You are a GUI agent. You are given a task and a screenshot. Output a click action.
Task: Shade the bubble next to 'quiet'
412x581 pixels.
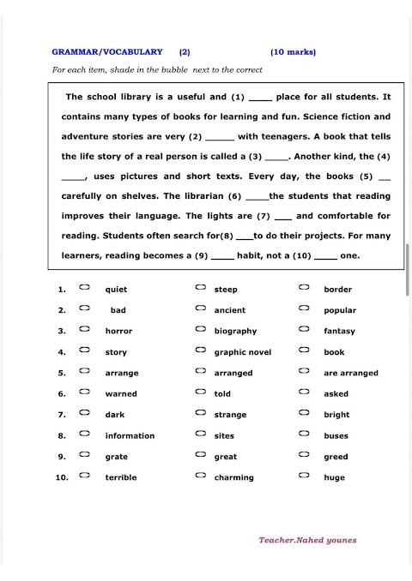pos(84,288)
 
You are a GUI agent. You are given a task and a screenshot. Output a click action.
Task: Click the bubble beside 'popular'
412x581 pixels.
pos(304,308)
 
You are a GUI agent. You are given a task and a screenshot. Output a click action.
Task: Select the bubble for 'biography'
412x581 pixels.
pos(199,329)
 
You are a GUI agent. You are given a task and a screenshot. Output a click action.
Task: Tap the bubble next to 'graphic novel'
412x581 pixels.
pos(199,350)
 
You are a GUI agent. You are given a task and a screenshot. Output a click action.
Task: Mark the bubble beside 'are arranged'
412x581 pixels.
pos(304,371)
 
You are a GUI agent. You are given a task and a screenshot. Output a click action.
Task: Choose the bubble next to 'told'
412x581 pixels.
pos(199,392)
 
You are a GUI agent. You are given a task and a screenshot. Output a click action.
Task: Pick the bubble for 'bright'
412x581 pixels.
pos(304,413)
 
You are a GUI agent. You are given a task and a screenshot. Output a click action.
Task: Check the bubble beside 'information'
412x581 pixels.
pos(84,434)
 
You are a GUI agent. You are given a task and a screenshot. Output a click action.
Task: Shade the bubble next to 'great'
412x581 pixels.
pos(199,455)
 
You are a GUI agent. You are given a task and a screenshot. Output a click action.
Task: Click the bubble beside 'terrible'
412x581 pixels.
pos(84,476)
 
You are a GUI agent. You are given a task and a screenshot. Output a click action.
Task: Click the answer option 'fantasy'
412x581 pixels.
pos(339,331)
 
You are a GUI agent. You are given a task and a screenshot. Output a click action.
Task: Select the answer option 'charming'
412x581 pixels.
pos(233,477)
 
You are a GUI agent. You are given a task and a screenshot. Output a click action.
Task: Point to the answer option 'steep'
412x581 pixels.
pos(226,290)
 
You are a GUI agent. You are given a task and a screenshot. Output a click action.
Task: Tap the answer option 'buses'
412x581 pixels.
pos(336,436)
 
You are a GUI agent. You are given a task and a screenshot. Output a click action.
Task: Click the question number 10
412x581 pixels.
pos(62,477)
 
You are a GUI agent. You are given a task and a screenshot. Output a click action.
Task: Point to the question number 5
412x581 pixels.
pos(62,373)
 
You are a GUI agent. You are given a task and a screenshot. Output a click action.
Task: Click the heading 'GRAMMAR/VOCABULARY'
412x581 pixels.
pos(107,51)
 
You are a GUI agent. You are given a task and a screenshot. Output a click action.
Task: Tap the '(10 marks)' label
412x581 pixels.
pos(293,51)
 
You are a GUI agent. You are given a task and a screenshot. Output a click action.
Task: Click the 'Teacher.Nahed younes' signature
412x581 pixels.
pos(307,540)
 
